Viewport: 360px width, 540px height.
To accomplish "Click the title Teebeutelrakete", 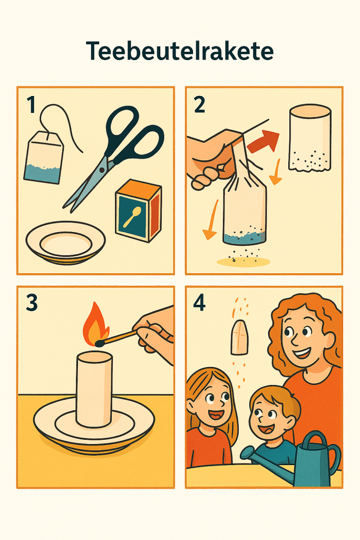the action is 180,51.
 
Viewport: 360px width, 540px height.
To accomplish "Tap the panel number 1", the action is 31,105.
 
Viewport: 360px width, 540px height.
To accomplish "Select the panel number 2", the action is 200,105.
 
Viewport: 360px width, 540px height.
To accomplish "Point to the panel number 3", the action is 32,303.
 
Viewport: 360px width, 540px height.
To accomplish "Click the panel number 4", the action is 200,303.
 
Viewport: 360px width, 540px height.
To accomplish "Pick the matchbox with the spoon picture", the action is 138,210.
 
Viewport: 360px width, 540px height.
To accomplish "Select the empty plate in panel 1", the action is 66,243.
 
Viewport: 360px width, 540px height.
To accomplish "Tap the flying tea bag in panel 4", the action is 239,337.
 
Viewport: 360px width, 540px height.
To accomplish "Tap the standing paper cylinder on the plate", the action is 94,389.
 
